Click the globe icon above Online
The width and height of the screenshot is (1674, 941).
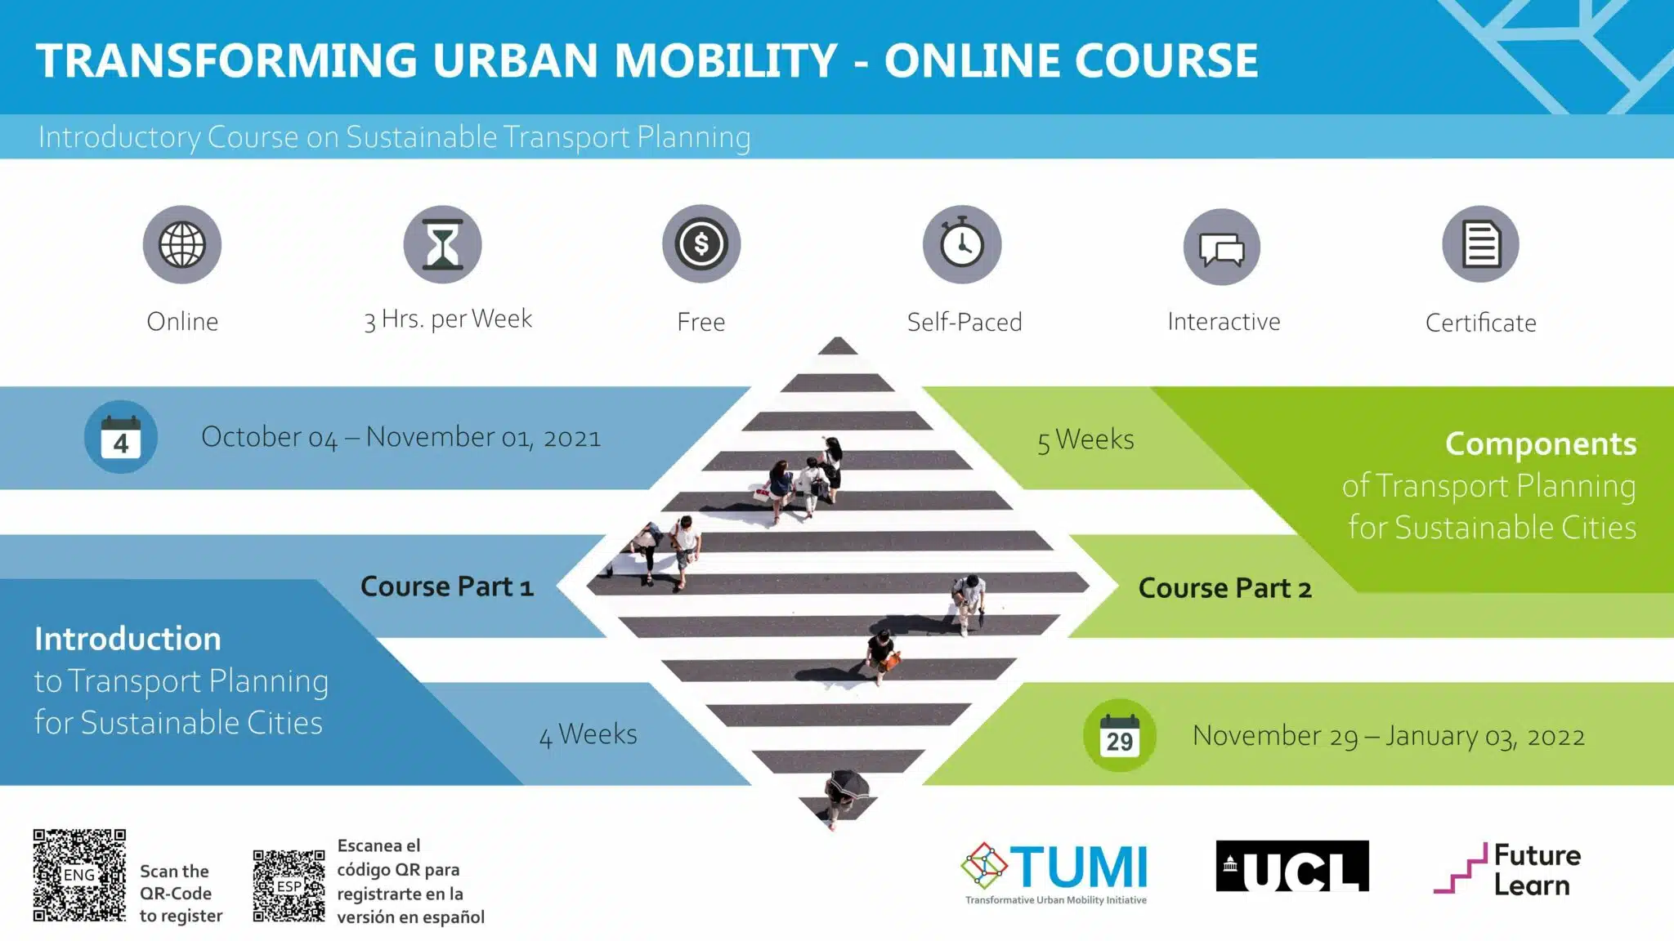click(x=182, y=244)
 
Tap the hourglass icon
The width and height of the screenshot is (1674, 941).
click(x=442, y=244)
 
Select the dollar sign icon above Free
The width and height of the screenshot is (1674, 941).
click(x=701, y=243)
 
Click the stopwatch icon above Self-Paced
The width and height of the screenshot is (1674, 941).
click(x=962, y=244)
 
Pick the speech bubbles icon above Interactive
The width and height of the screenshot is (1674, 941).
click(x=1222, y=247)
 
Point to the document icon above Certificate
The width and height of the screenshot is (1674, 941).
click(x=1481, y=244)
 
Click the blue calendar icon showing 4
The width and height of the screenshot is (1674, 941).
click(x=121, y=437)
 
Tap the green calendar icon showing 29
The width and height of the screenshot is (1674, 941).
click(x=1120, y=735)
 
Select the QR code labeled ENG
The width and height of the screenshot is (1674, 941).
click(x=79, y=875)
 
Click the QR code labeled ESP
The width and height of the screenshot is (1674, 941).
click(x=289, y=886)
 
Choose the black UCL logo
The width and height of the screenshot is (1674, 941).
click(x=1292, y=866)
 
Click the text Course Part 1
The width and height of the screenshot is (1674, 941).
click(x=447, y=586)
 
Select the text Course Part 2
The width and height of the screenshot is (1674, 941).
click(x=1225, y=588)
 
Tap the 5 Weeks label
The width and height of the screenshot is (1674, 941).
click(x=1085, y=440)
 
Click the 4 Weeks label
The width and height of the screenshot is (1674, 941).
click(x=589, y=734)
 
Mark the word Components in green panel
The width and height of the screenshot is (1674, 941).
click(x=1541, y=444)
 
